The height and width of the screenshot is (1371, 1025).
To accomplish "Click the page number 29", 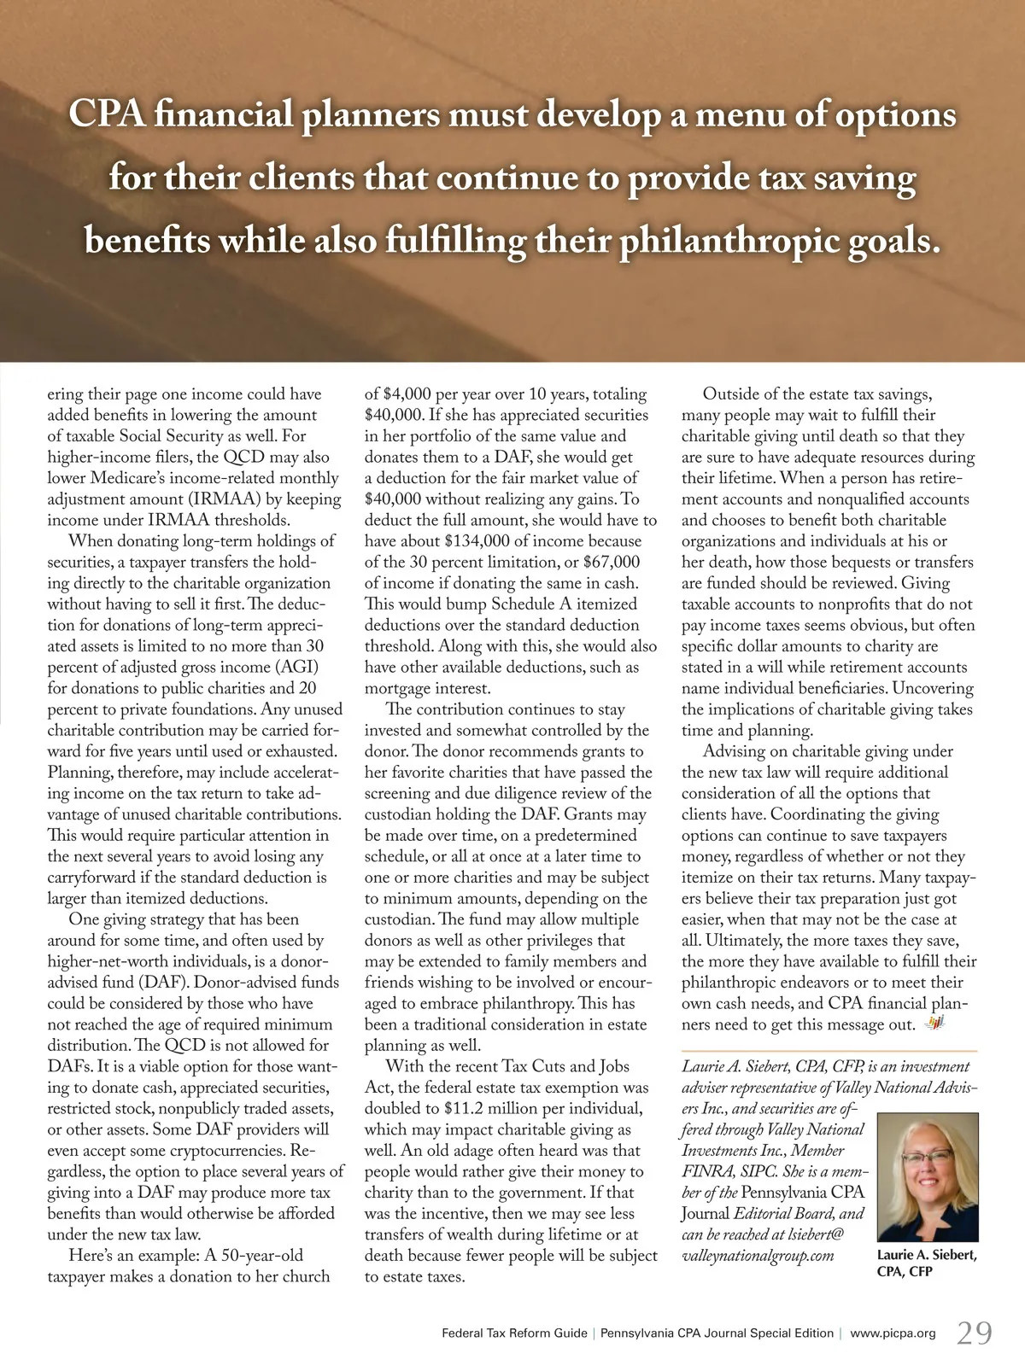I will click(974, 1333).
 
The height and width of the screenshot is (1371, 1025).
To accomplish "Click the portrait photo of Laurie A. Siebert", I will click(927, 1177).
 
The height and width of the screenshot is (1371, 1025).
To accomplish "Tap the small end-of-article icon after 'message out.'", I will click(934, 1024).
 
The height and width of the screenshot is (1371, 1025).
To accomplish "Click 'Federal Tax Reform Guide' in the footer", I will click(514, 1333).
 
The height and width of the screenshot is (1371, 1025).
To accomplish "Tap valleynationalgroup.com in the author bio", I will click(758, 1256).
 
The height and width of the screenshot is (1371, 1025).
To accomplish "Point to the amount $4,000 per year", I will click(431, 394).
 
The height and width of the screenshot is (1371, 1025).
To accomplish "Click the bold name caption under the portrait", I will click(927, 1263).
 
